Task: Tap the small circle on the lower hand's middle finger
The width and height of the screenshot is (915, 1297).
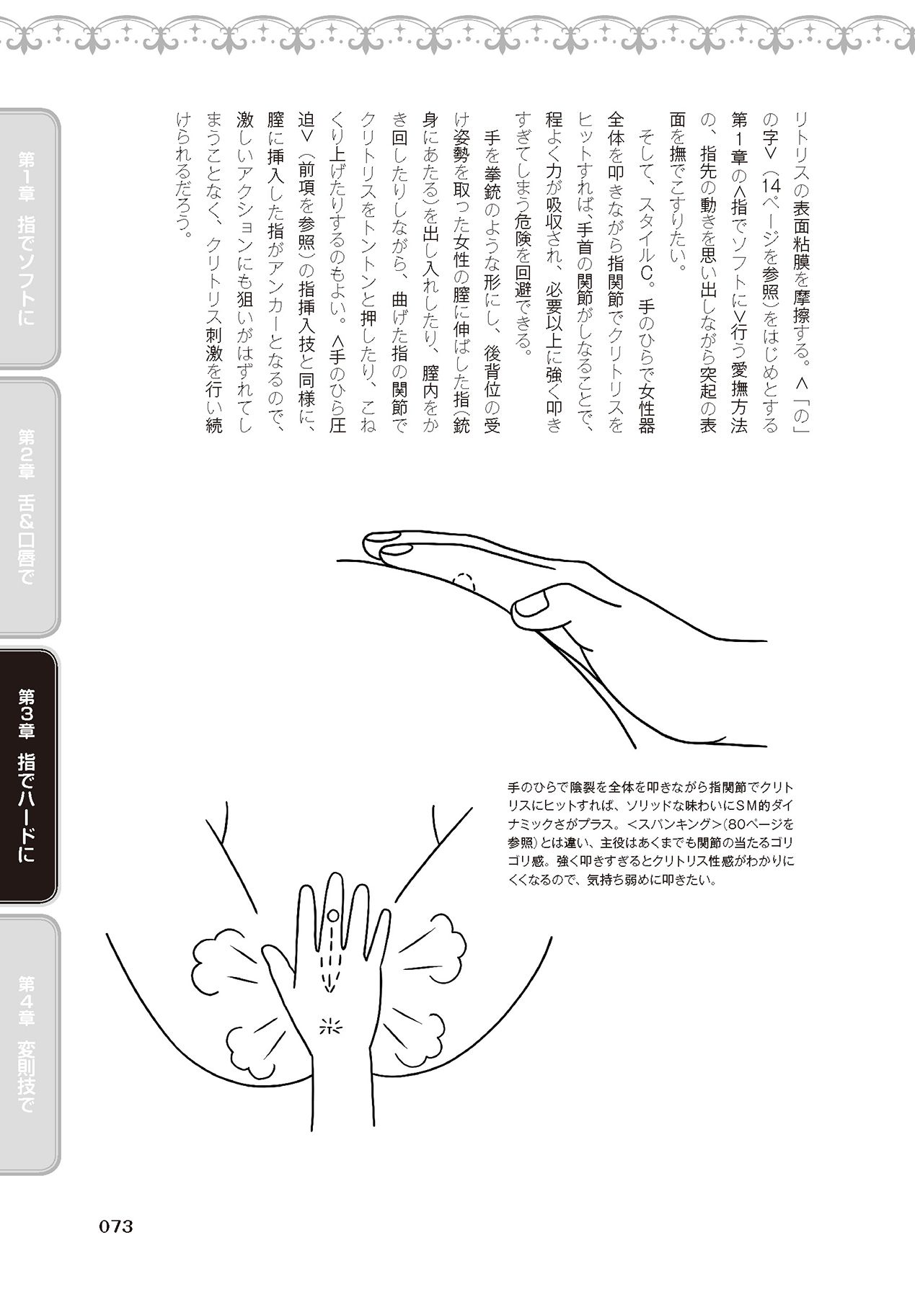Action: click(x=332, y=915)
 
